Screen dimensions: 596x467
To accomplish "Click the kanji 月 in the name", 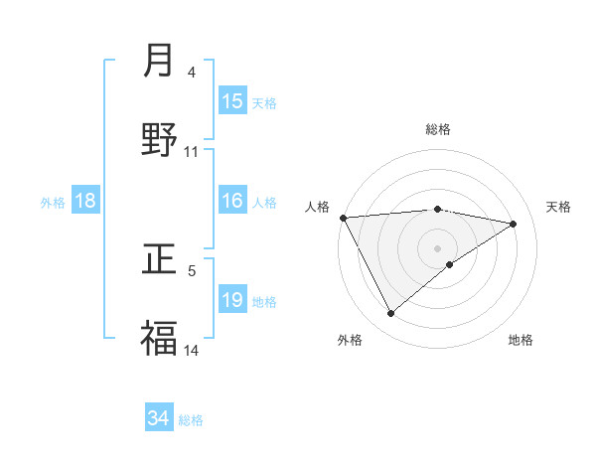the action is [x=159, y=61].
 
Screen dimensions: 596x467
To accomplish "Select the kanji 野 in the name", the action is [x=159, y=140].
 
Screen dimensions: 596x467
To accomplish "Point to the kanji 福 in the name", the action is [x=159, y=338].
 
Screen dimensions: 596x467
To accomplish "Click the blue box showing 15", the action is [x=232, y=101].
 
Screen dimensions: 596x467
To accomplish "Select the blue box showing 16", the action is [x=232, y=201].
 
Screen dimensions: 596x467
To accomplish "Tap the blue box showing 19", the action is [x=232, y=300].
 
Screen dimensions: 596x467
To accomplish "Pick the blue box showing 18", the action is [x=85, y=201].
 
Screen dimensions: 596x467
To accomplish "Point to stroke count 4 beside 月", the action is [x=192, y=72].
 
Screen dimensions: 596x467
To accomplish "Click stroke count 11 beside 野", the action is [x=192, y=151].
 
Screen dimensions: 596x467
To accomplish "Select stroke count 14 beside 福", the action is [x=192, y=350].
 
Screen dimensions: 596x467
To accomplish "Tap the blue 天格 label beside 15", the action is [x=264, y=102].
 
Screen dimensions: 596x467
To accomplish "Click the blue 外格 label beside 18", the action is [x=53, y=202].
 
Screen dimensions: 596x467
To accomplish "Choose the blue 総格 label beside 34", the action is [x=191, y=419].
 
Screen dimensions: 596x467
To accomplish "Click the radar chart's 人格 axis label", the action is [x=318, y=207].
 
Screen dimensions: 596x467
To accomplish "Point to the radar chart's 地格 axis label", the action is [x=521, y=340].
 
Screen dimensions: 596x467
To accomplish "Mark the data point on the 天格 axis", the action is [x=514, y=224].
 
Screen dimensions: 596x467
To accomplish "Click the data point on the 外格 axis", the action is [x=390, y=314].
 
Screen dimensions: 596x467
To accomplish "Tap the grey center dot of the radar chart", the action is [x=438, y=247].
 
